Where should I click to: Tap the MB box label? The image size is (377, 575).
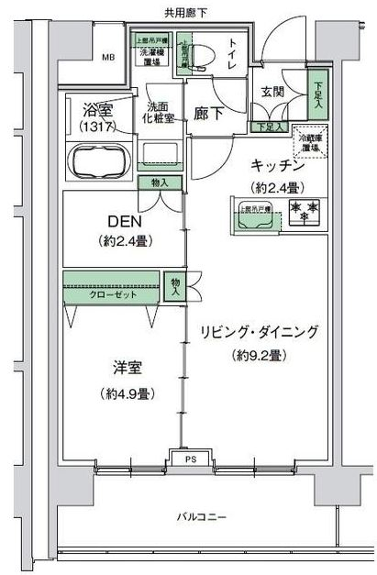click(108, 59)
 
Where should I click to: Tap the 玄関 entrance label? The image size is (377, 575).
click(272, 92)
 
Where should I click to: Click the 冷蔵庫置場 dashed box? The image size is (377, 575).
click(306, 143)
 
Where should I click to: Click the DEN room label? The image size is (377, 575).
click(124, 221)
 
